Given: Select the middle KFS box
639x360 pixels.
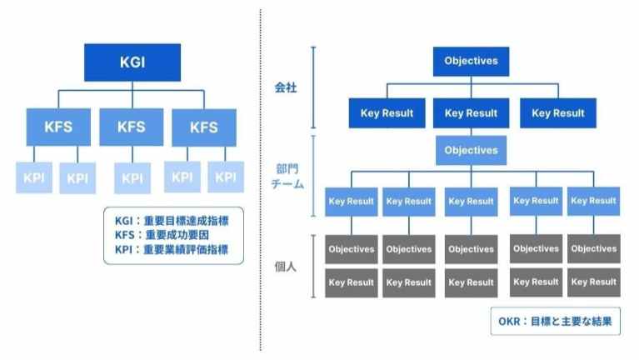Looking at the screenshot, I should point(132,127).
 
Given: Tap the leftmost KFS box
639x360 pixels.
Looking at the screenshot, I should point(59,127).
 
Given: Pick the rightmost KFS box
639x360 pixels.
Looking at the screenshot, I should point(203,127).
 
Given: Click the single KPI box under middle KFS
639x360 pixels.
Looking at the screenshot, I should point(132,177).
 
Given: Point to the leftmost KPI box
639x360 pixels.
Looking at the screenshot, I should point(34,177).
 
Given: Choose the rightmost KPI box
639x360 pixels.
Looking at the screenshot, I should point(226,177).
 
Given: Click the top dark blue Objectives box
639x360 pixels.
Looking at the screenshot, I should point(471,61).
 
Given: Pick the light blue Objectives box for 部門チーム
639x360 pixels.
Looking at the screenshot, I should point(471,151).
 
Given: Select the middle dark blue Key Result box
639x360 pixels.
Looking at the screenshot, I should point(471,113).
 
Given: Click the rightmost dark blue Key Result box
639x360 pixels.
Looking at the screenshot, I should point(557,113).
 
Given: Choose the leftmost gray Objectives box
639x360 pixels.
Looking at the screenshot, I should point(351,249).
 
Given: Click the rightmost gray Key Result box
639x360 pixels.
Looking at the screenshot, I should point(594,282).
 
